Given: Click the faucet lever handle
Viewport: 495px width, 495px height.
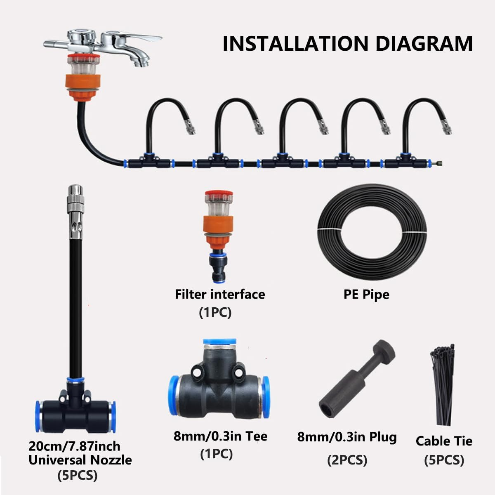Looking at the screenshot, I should point(140,38).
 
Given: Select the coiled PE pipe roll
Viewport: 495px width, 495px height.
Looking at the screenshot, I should point(372,233).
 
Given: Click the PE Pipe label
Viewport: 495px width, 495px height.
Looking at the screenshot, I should point(366,295).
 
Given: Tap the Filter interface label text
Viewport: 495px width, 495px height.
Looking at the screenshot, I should point(220,294).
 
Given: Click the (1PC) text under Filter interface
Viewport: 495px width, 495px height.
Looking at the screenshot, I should point(215,312).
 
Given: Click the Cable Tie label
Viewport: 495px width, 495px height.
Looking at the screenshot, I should point(444,441).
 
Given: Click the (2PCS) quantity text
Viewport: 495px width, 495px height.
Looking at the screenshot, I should point(347,460).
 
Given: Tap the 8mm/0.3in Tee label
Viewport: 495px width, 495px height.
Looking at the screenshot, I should point(220,436).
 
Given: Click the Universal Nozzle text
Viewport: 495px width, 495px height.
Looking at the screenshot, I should point(80,460).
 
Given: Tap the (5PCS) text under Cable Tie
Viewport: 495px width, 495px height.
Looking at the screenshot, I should point(444,460).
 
